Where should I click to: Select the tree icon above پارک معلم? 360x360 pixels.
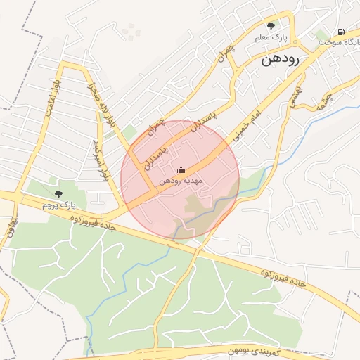271,26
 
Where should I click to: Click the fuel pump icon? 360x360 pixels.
341,32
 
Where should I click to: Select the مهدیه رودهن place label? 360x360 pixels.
181,181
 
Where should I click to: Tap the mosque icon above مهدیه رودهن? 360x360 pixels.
181,169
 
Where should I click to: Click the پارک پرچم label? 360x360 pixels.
58,205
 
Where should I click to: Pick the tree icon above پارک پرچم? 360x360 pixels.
58,194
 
